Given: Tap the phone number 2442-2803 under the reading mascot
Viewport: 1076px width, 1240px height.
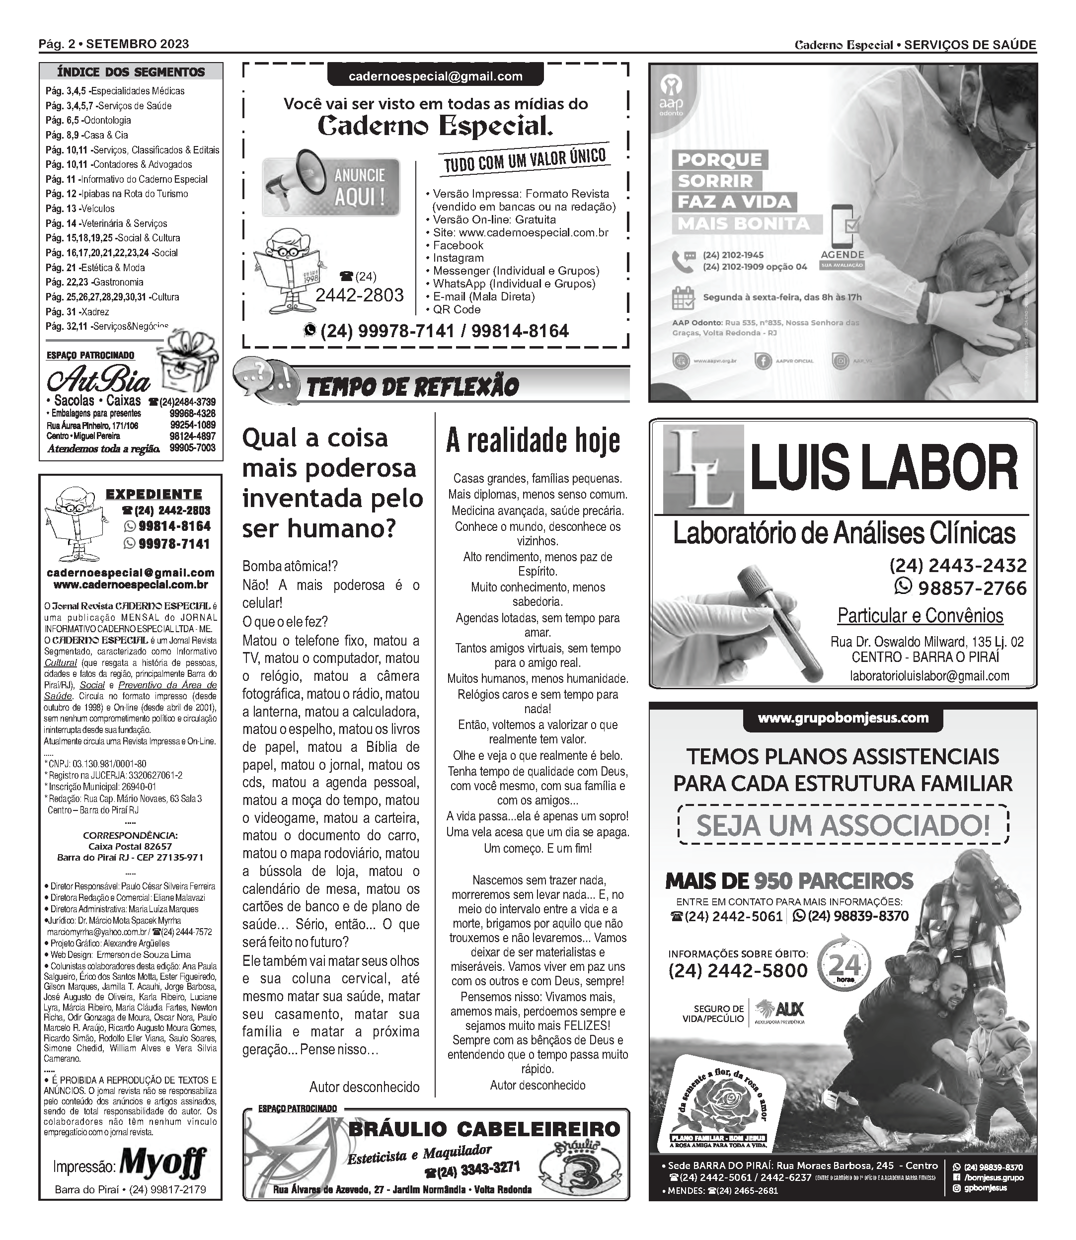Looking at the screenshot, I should pyautogui.click(x=359, y=295).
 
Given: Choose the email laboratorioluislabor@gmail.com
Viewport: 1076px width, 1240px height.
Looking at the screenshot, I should pyautogui.click(x=929, y=676).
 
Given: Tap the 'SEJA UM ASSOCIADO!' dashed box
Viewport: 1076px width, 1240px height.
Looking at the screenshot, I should pyautogui.click(x=843, y=825).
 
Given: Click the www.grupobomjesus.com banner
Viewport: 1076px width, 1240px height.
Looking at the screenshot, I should pyautogui.click(x=843, y=719).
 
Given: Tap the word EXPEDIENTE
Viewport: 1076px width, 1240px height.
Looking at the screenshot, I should pyautogui.click(x=154, y=495).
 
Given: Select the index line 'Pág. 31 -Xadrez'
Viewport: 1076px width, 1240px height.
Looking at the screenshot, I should pyautogui.click(x=77, y=312).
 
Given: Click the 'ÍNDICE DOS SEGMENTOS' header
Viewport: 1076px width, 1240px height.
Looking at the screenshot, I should pyautogui.click(x=131, y=72).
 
